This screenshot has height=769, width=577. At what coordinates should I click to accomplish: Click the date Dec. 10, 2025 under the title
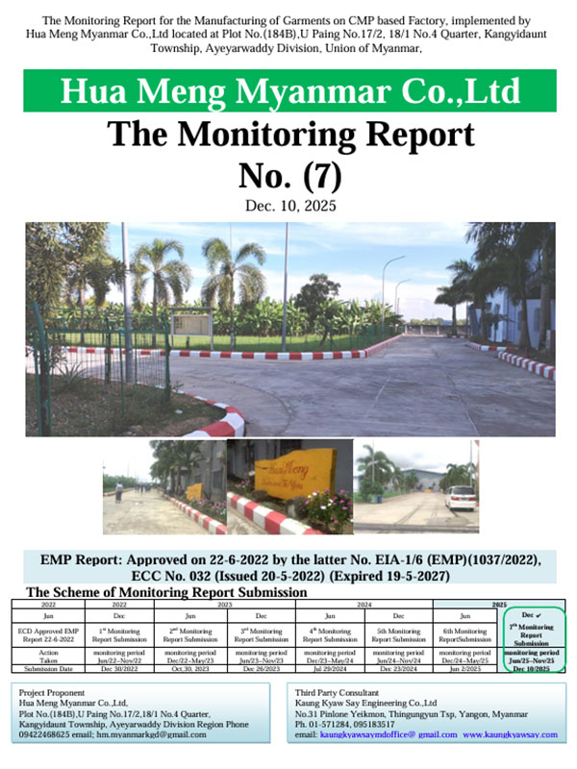click(x=288, y=206)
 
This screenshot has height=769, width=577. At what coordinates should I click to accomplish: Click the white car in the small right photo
click(x=461, y=496)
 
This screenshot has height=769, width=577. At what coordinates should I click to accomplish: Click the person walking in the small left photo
click(x=117, y=492)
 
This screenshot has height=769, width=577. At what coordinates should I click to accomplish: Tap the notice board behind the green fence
click(x=192, y=328)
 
